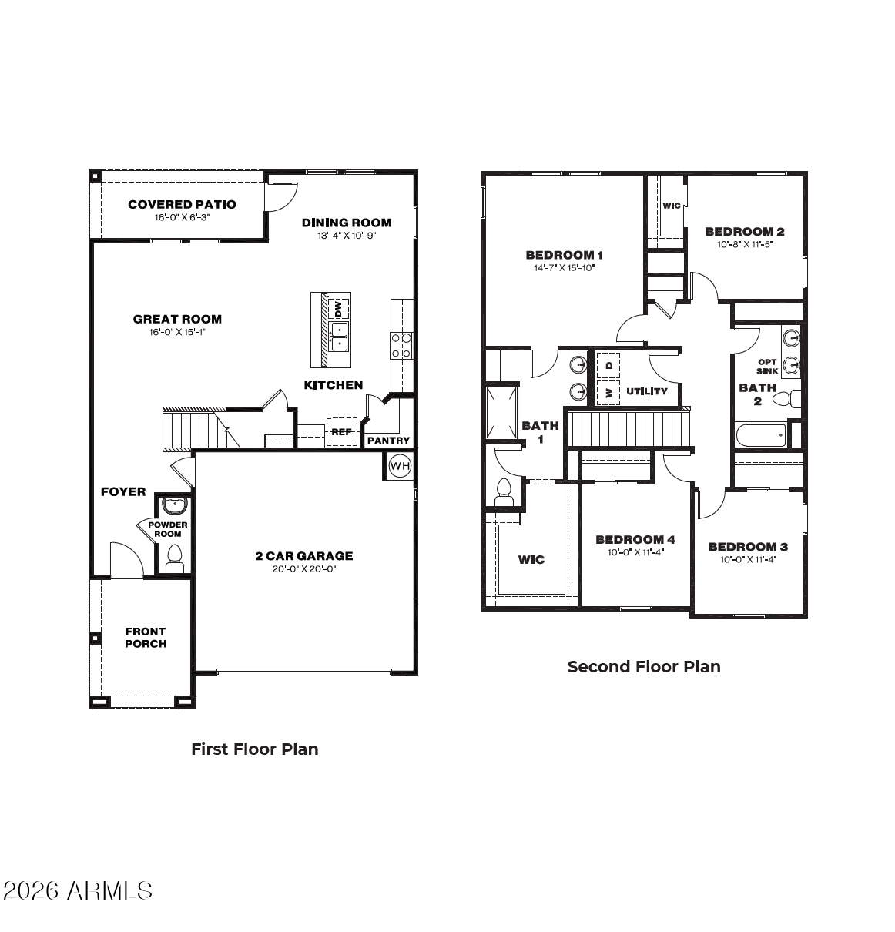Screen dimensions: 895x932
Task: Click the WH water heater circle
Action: (x=400, y=466)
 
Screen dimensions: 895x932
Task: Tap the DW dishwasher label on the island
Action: (x=339, y=309)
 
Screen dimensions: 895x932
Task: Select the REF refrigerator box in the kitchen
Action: (x=341, y=432)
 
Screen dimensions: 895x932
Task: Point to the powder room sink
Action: (x=173, y=505)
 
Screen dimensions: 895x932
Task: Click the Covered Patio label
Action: (x=182, y=205)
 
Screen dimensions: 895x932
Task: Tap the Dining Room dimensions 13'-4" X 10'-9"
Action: (x=347, y=236)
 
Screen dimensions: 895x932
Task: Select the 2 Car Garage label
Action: (x=304, y=556)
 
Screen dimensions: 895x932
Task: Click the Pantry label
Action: (x=388, y=440)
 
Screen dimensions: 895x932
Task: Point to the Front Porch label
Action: (x=146, y=638)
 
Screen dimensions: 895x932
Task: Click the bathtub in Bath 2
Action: (x=760, y=435)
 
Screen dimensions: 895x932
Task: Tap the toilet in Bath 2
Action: (x=786, y=399)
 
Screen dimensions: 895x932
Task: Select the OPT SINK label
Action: (x=766, y=367)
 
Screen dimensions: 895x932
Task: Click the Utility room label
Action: (x=647, y=391)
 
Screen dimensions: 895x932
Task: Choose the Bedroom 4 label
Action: (x=635, y=540)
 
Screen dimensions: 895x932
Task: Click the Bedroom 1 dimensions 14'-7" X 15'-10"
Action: (x=564, y=268)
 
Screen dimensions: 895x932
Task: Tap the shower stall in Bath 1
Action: (x=501, y=412)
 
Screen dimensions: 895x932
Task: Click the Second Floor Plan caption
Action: (x=644, y=667)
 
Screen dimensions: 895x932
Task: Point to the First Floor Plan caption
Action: (x=255, y=749)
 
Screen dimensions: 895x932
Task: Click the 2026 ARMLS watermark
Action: (x=78, y=891)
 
